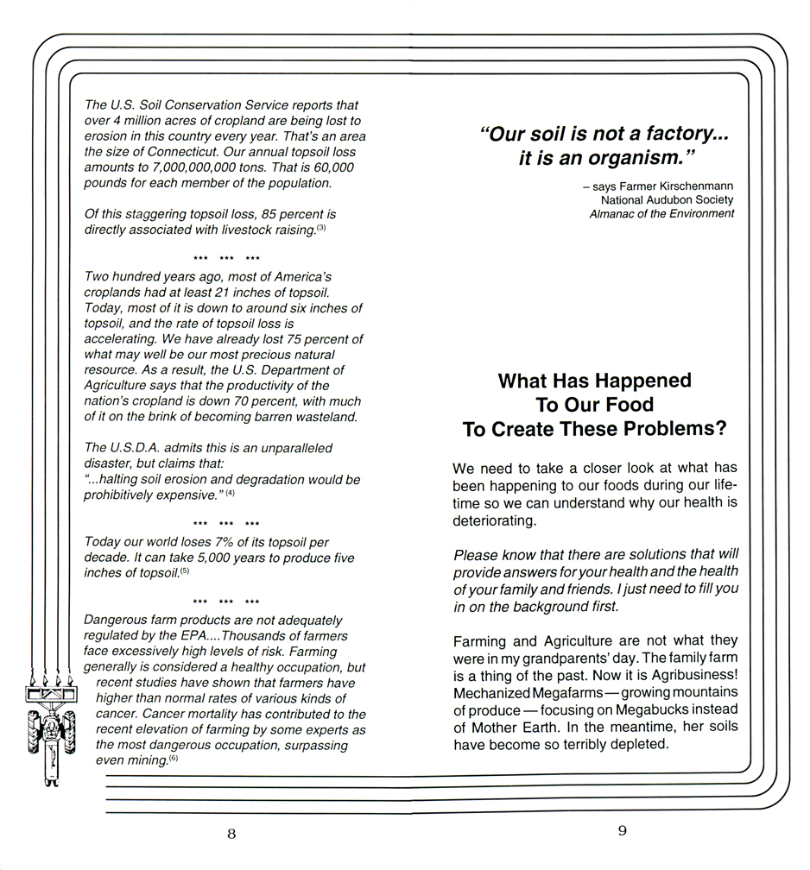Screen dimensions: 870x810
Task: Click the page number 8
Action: (x=231, y=834)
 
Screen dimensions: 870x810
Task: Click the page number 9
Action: (x=622, y=831)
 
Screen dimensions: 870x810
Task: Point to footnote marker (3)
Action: (x=320, y=229)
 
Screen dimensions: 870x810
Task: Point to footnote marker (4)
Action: (x=231, y=493)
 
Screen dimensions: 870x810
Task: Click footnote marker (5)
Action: (x=185, y=571)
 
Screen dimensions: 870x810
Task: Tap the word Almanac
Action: (x=612, y=213)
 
